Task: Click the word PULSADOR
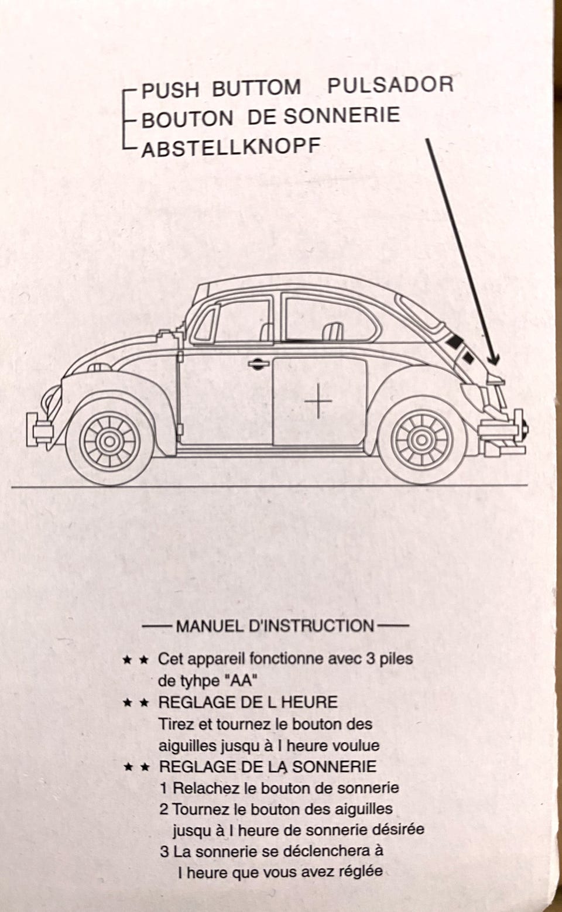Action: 390,85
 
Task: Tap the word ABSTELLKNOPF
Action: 231,147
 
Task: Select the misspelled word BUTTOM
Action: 256,88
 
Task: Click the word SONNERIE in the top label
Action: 341,115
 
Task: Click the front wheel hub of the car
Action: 109,441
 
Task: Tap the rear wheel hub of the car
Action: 422,440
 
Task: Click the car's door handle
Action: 258,363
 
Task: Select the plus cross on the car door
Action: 318,400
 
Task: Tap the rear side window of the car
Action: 330,318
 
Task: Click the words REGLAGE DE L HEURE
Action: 248,702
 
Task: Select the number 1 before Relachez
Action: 163,788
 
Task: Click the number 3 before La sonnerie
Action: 164,851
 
